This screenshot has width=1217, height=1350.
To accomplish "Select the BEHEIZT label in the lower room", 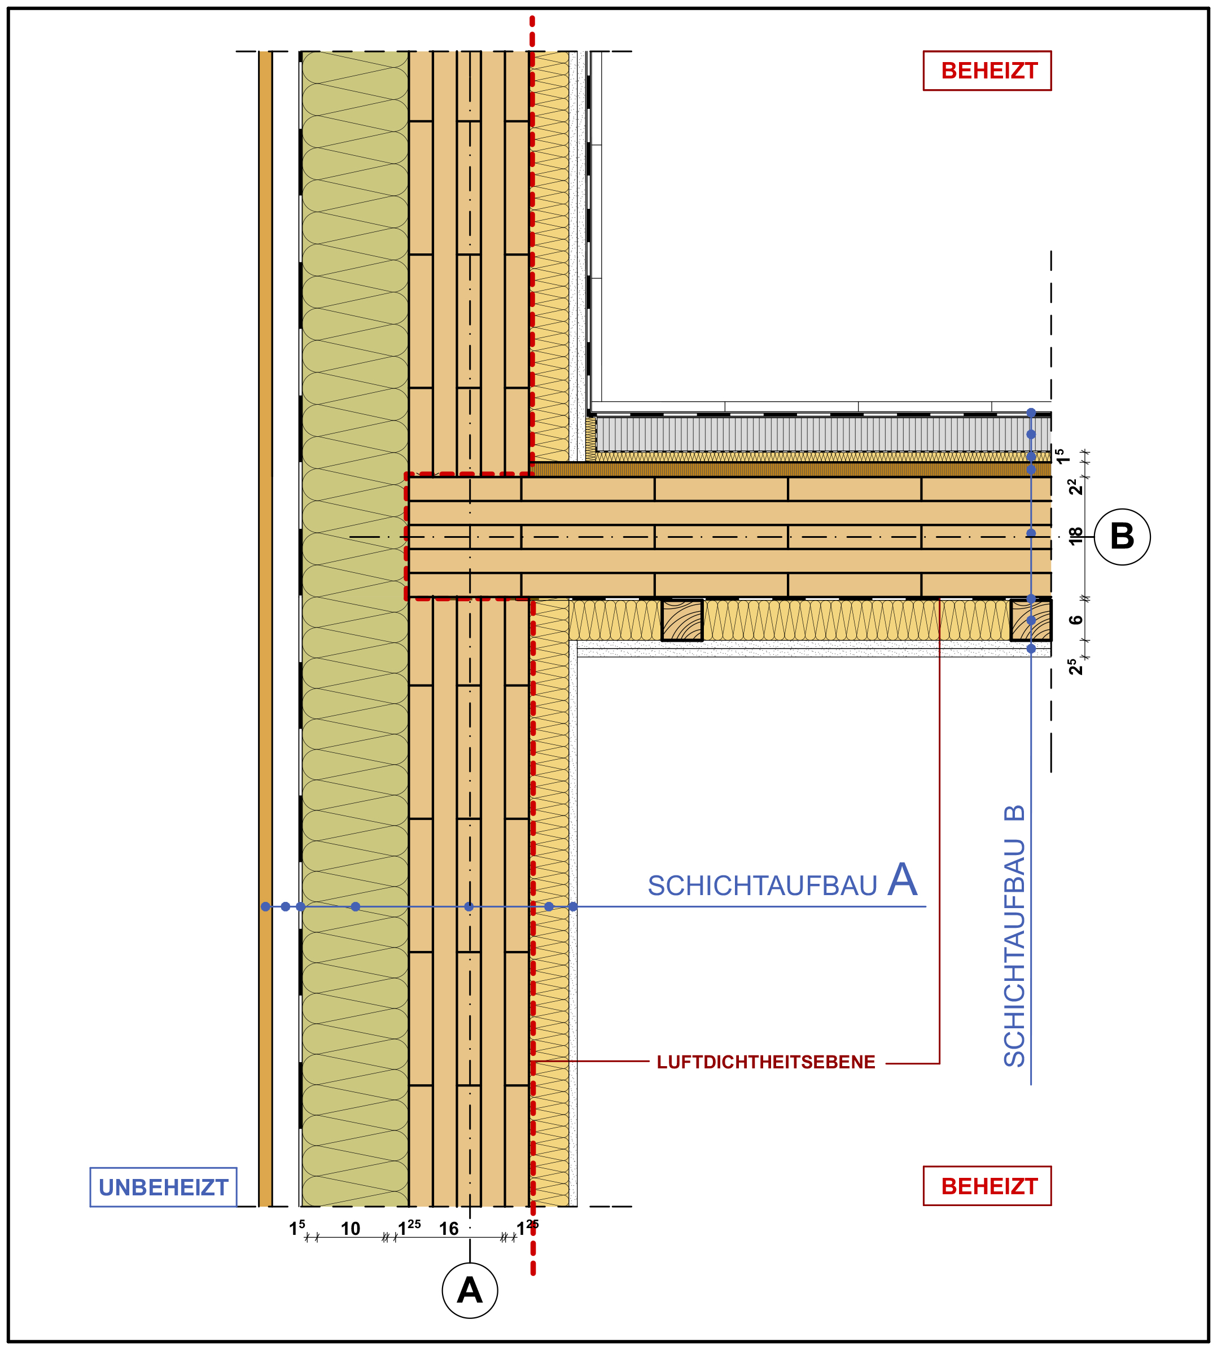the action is (x=987, y=1186).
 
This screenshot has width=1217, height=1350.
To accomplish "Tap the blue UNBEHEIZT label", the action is (x=163, y=1187).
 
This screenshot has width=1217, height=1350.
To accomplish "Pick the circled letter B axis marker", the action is (x=1122, y=536).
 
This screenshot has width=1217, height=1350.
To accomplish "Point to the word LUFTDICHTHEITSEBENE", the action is (x=765, y=1062).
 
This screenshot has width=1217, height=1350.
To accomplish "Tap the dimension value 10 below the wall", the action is (x=351, y=1228).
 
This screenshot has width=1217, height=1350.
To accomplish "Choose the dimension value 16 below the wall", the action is (x=449, y=1228).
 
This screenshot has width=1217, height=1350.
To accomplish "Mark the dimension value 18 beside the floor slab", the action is (x=1075, y=536).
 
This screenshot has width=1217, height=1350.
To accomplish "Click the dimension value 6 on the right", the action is (x=1075, y=620).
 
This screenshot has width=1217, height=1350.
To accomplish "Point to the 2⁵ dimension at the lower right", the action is (x=1075, y=666).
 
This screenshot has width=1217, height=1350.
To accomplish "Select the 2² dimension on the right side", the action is (x=1075, y=486).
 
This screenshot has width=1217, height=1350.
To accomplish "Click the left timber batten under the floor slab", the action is (x=682, y=620).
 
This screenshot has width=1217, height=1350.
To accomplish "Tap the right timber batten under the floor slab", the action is (x=1030, y=620).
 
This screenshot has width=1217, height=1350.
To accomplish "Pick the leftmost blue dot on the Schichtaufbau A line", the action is (x=265, y=907).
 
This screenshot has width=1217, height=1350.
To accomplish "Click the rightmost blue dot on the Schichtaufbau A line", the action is (x=573, y=907).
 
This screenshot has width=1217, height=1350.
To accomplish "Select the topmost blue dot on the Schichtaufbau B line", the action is (x=1031, y=413).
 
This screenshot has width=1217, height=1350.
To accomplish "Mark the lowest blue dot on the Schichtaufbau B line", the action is (x=1031, y=648).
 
